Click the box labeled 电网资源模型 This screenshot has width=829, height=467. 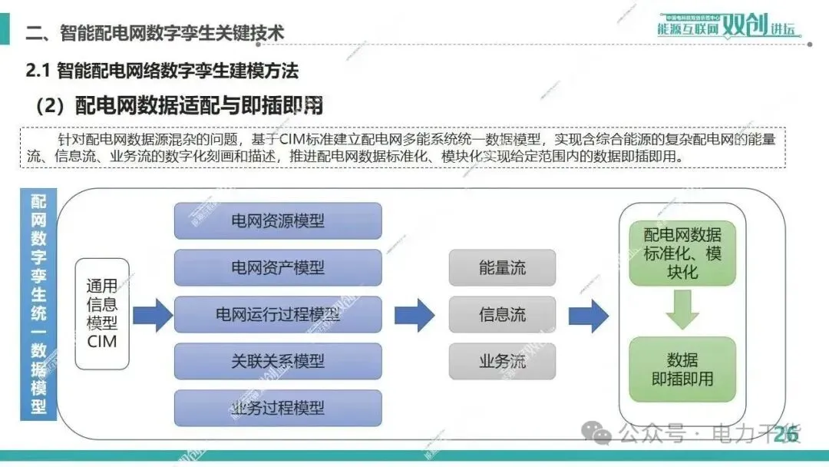click(278, 221)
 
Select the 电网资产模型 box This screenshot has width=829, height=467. click(278, 267)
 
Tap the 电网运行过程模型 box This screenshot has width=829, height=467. click(278, 314)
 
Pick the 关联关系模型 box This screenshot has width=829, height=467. click(278, 361)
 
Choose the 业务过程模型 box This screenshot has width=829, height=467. click(278, 408)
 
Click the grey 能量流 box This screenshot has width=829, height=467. click(502, 268)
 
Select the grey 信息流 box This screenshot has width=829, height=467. click(502, 314)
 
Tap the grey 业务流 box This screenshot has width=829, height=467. click(502, 361)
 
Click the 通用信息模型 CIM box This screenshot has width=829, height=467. click(102, 313)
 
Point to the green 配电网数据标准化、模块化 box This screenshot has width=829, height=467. click(682, 253)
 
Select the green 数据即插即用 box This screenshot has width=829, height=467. click(682, 369)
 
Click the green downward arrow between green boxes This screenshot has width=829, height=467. click(682, 310)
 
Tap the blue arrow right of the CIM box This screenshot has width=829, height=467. click(153, 315)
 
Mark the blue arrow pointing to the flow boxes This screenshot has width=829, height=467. click(414, 315)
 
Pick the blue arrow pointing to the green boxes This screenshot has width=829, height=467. click(589, 315)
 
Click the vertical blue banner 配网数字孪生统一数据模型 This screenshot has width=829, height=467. click(38, 304)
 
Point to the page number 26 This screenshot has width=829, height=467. click(784, 435)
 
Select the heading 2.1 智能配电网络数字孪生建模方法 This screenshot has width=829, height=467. click(162, 71)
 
